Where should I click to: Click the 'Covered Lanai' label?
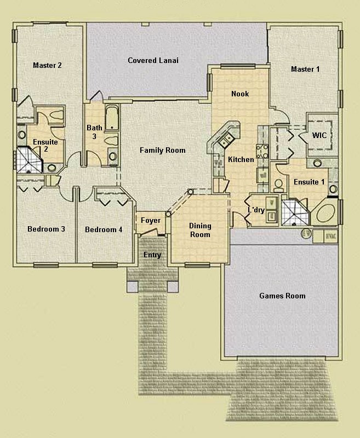point(153,60)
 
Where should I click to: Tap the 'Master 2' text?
point(47,65)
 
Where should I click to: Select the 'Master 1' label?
point(305,69)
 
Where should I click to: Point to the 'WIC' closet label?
point(319,135)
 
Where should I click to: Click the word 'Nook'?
point(240,94)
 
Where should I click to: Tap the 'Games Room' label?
point(282,296)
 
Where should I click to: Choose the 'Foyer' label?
point(151,221)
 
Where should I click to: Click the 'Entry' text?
point(152,255)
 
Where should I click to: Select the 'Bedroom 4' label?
point(104,229)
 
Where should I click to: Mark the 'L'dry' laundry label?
point(256,210)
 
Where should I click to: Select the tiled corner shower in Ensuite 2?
point(29,159)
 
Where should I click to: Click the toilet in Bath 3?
point(112,157)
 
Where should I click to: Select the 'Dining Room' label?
point(200,230)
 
